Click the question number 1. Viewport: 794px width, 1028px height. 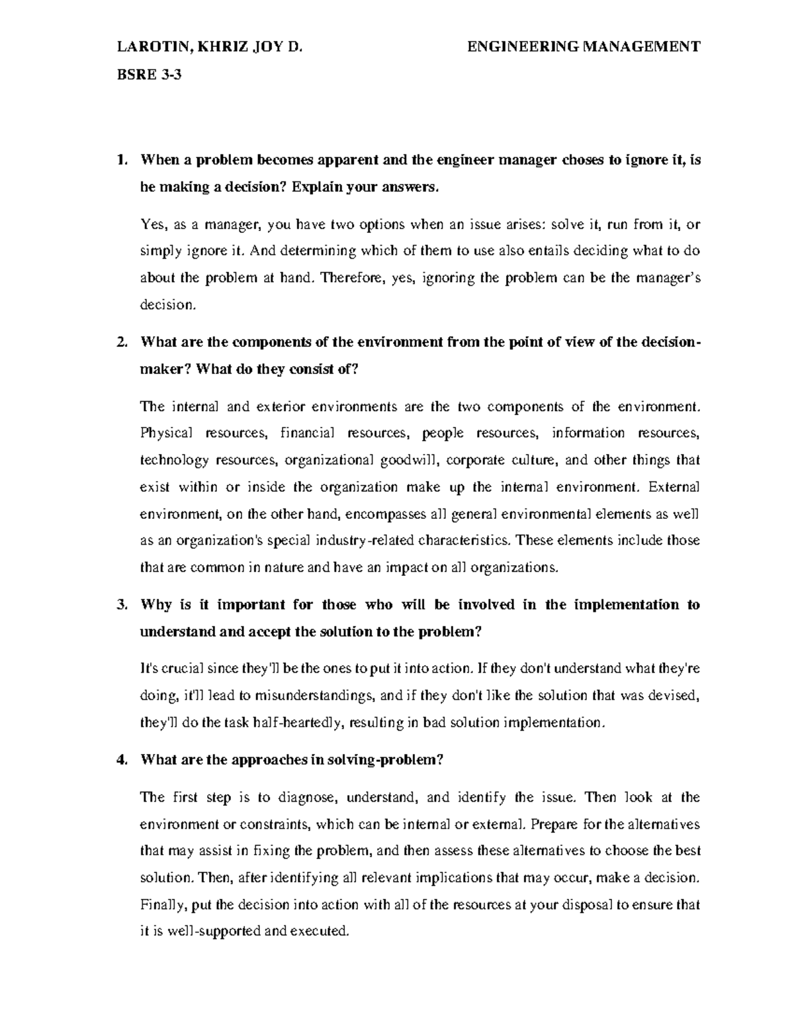pos(120,160)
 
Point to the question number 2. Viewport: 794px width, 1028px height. pos(120,342)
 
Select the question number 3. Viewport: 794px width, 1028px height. pos(120,604)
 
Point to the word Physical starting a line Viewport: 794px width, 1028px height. pos(166,433)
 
